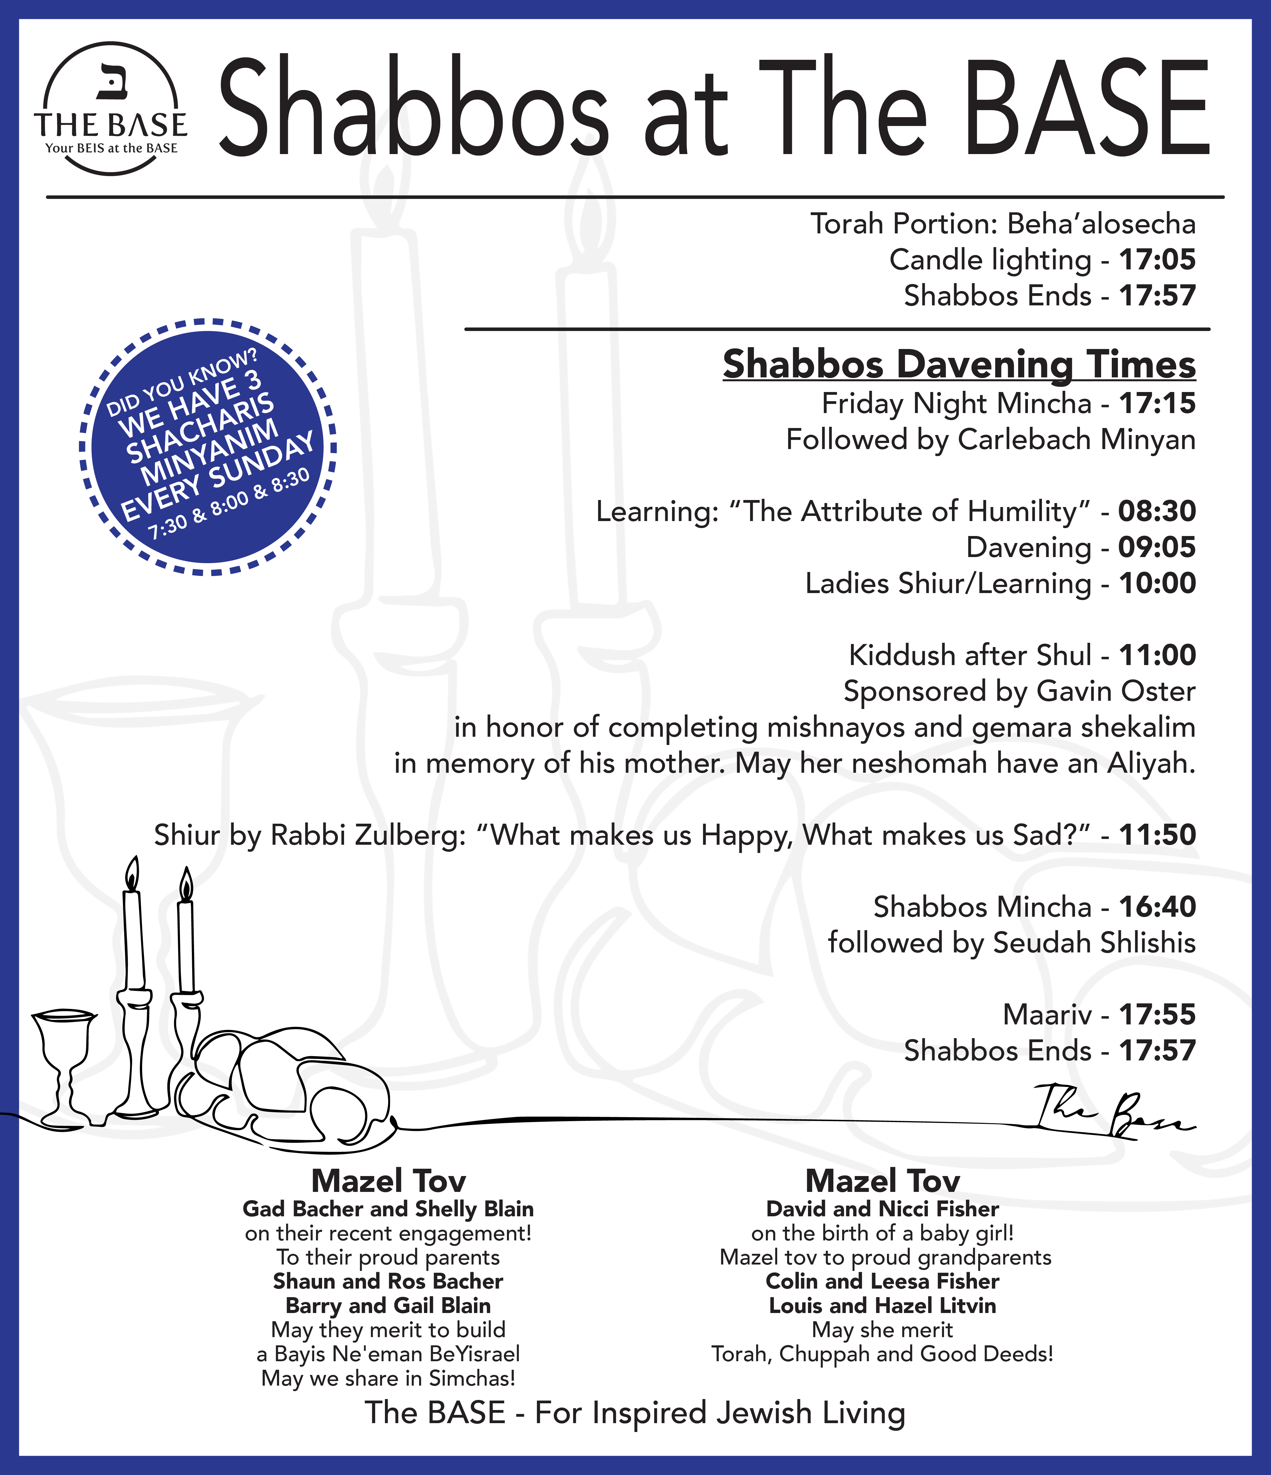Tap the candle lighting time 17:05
1157,260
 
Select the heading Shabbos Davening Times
959,365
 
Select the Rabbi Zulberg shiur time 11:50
1157,835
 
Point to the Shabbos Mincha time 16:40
1157,907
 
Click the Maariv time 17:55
1157,1014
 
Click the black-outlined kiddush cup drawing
64,1064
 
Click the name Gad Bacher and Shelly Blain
388,1209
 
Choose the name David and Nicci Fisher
882,1209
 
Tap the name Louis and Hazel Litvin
882,1306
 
